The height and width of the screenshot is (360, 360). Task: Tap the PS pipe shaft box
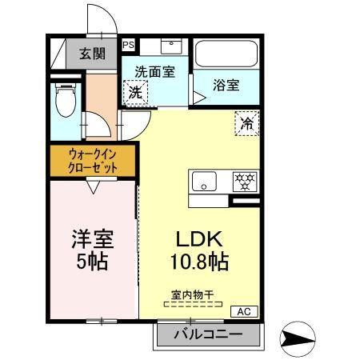tap(128, 46)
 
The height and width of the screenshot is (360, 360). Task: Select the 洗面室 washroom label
tap(154, 71)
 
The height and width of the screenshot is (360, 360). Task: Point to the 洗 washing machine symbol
tap(136, 92)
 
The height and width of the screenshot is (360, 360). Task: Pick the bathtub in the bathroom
tap(226, 54)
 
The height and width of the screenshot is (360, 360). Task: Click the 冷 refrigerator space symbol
tap(246, 125)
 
